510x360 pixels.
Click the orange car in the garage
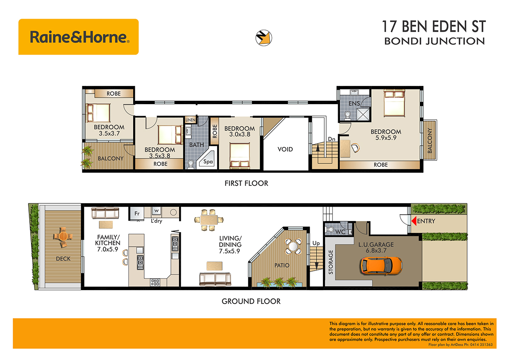381,266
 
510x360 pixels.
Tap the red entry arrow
414,221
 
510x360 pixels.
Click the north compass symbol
263,38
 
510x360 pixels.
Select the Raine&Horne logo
78,37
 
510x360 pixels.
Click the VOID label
285,150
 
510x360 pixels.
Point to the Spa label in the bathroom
208,162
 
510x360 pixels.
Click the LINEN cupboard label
191,120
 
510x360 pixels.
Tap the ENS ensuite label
354,104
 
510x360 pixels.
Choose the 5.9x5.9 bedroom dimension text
386,138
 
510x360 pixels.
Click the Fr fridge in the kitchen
137,213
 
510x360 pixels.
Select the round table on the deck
63,236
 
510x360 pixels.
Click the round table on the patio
293,246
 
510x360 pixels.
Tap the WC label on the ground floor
340,232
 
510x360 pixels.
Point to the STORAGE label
331,262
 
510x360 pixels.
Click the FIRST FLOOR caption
247,183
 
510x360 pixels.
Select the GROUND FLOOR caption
251,301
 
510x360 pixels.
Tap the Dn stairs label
331,139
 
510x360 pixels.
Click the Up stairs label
316,244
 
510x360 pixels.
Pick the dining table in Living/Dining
209,220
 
